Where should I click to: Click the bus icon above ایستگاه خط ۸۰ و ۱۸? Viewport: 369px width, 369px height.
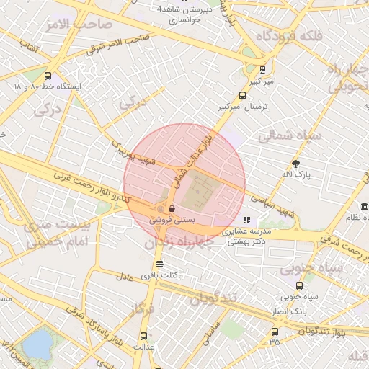(x=48, y=76)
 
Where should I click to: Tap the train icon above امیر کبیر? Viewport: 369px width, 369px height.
(x=262, y=71)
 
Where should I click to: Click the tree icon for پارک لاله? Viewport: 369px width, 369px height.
(x=295, y=164)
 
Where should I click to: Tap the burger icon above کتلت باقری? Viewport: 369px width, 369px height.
(x=159, y=264)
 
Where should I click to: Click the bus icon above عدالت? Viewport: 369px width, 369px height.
(x=143, y=336)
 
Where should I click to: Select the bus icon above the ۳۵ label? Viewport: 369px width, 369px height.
(x=275, y=332)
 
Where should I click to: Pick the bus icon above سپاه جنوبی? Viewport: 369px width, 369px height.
(x=299, y=285)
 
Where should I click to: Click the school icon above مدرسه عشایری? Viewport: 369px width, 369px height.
(x=246, y=220)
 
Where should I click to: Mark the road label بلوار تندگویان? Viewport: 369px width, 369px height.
(x=342, y=333)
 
